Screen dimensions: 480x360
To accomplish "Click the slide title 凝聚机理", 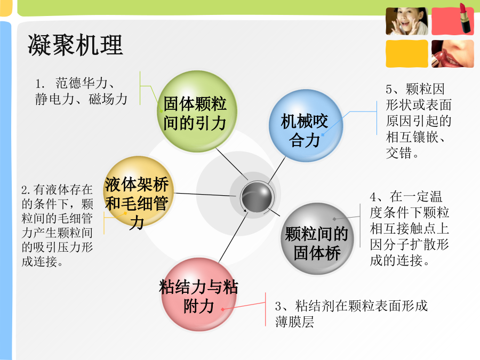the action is [x=75, y=45].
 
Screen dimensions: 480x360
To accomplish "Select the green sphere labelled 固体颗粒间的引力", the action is [x=197, y=111].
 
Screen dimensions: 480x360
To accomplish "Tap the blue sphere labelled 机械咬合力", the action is [x=306, y=125].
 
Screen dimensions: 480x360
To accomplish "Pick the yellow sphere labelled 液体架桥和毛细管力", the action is [x=138, y=192].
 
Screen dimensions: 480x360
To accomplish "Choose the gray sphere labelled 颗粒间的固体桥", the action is [x=317, y=239].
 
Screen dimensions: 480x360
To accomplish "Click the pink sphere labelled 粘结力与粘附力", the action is [x=199, y=294].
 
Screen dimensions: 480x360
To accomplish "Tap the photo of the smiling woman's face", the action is [x=407, y=21].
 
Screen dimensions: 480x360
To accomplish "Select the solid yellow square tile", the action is [x=407, y=53].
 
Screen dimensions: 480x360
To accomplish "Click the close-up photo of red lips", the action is [x=453, y=53].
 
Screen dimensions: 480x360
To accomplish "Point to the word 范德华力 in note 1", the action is [x=81, y=83].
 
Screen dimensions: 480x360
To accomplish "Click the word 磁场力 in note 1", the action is [x=108, y=99].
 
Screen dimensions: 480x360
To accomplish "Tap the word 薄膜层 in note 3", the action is [x=294, y=322].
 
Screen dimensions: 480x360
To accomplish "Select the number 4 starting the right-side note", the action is [x=373, y=197].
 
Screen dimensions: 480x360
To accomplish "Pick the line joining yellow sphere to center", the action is [x=205, y=194].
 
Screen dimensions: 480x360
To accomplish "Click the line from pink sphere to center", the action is [x=233, y=237].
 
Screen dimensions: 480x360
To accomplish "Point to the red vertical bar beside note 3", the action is [x=266, y=309].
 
